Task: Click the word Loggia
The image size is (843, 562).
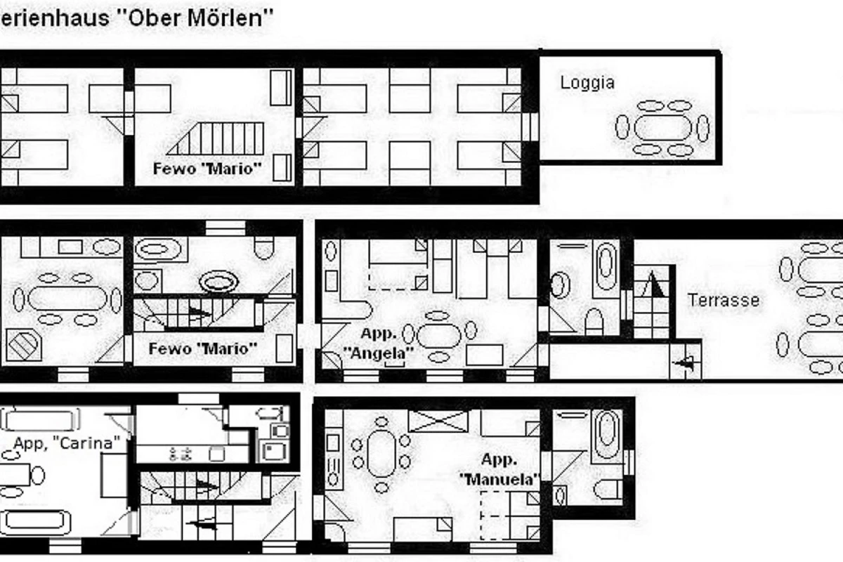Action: pos(587,83)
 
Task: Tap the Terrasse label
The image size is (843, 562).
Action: pos(724,301)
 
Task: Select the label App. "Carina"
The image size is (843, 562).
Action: pos(67,443)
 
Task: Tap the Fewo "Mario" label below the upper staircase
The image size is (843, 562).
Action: pos(207,169)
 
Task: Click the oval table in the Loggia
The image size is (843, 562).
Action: pos(662,128)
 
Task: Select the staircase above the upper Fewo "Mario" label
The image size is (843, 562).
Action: pos(215,138)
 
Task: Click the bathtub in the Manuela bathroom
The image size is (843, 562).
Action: pos(607,434)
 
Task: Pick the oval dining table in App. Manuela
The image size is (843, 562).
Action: pos(381,454)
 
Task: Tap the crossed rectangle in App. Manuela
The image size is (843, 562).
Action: pos(438,421)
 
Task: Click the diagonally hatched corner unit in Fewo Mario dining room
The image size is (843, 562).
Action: pos(23,345)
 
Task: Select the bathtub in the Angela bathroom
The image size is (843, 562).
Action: pos(606,266)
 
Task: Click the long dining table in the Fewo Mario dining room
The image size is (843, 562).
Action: pos(67,299)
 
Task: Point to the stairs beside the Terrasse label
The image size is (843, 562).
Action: pos(652,301)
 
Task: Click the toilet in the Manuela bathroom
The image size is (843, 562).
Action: pos(608,490)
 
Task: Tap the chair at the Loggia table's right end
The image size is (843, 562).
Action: pos(703,128)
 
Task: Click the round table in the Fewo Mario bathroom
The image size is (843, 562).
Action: pos(218,282)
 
